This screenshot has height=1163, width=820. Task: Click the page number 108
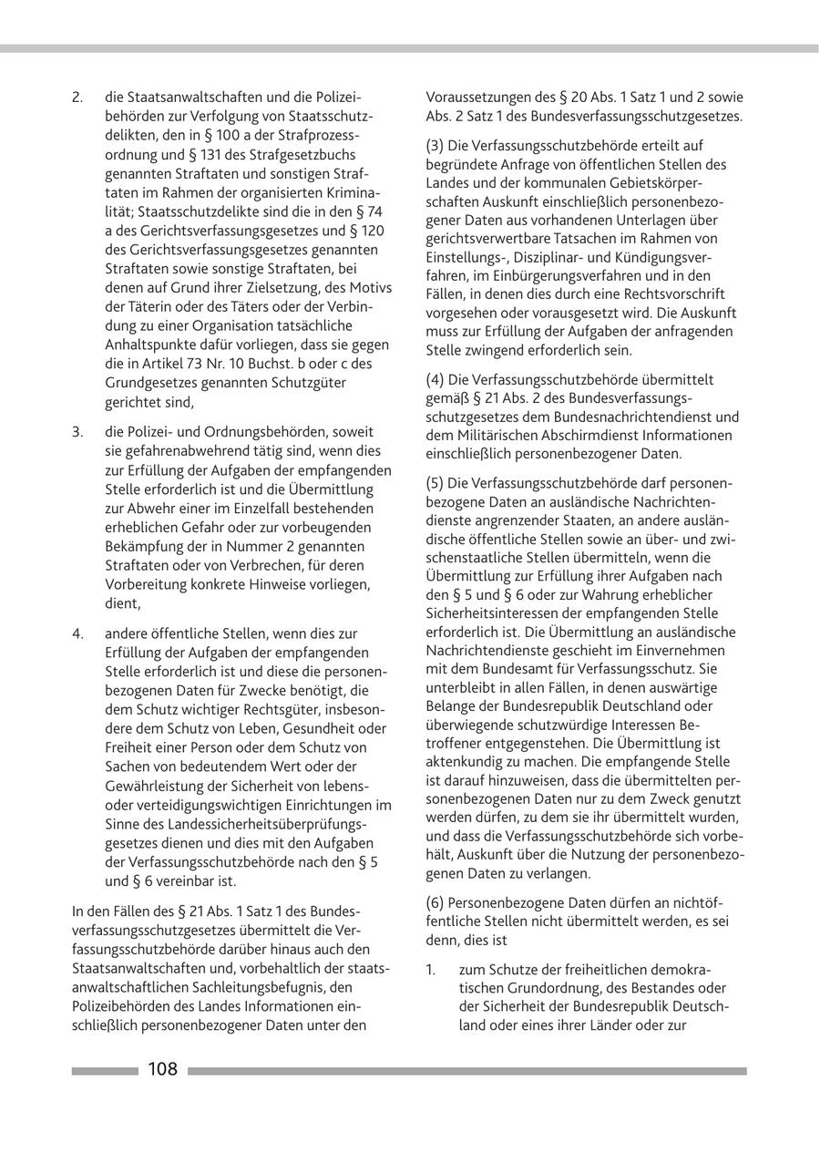tap(163, 1069)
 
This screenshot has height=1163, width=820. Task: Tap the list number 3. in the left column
tap(77, 431)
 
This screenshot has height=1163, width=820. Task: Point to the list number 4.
tap(77, 633)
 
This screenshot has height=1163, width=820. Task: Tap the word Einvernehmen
tap(682, 650)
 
